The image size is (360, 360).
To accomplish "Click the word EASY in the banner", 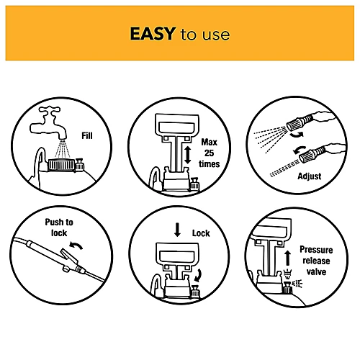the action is tap(153, 34).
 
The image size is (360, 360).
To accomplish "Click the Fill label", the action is tap(87, 136).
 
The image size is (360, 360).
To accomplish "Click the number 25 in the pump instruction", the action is tap(209, 153).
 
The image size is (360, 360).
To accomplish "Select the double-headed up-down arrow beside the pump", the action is tap(188, 156).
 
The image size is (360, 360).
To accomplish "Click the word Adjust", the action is tap(310, 176).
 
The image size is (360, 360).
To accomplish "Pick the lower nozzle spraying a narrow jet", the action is tap(312, 155).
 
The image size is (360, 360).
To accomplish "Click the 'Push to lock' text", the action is tap(59, 228).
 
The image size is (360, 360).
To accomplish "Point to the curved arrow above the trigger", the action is tap(76, 246).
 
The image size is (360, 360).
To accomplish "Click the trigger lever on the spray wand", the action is tap(69, 256).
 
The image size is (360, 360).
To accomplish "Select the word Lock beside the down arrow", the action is tap(201, 233).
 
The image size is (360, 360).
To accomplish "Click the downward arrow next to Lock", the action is tap(177, 230).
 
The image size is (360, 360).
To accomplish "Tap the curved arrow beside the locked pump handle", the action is tap(198, 275).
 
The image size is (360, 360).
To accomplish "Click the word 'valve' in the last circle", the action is tap(316, 272).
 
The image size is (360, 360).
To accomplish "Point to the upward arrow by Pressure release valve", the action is tap(288, 258).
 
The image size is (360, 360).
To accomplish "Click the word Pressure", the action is tap(316, 250).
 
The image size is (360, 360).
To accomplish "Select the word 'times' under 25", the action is tap(209, 164).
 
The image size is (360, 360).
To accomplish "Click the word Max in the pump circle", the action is tap(209, 143).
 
